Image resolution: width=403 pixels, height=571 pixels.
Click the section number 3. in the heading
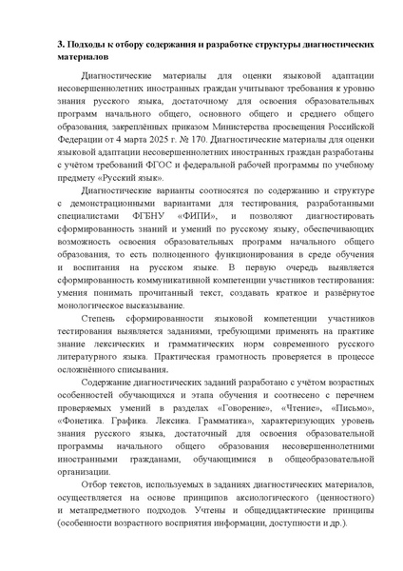tap(61, 44)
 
